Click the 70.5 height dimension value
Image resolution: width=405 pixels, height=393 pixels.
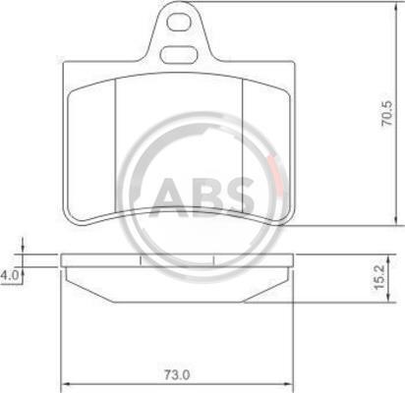coord(387,114)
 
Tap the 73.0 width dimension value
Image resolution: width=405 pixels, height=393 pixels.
coord(177,374)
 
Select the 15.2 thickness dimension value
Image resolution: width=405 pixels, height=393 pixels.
coord(378,278)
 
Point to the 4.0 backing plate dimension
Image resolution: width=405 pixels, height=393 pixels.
coord(9,275)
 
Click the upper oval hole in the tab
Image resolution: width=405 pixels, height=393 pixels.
coord(179,23)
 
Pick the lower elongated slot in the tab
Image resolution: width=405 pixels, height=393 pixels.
coord(179,55)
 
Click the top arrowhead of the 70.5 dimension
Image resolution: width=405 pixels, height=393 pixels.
coord(397,7)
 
